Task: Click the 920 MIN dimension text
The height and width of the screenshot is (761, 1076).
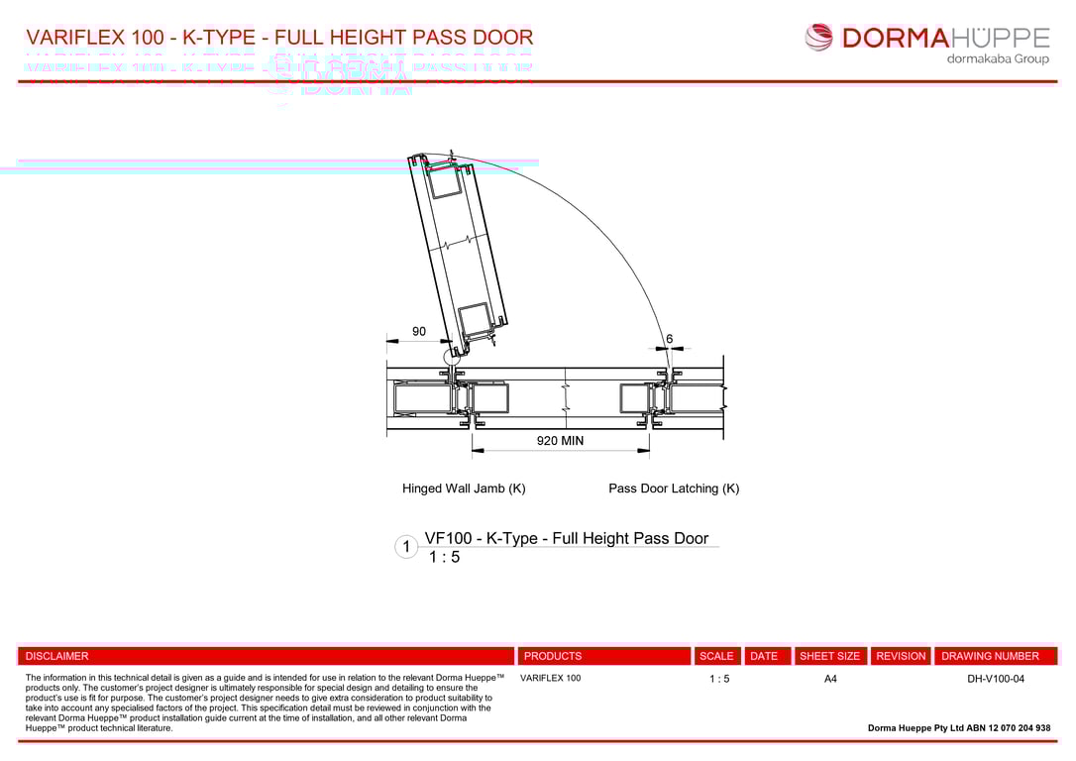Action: click(x=560, y=441)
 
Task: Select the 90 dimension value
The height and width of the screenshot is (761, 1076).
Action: click(x=419, y=331)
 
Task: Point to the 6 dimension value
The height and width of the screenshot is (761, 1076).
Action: click(x=670, y=339)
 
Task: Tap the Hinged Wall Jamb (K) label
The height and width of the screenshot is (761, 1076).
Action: click(x=464, y=489)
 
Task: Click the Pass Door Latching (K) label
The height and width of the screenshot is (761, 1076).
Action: click(x=674, y=489)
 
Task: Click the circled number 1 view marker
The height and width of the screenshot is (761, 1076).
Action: click(x=406, y=547)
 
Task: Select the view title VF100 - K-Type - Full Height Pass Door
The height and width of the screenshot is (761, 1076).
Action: click(x=566, y=538)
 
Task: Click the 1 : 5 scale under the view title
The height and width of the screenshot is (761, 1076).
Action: click(x=444, y=558)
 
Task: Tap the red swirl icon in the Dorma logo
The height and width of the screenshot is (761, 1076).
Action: click(x=819, y=38)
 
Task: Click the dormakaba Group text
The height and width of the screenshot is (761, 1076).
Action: click(x=998, y=59)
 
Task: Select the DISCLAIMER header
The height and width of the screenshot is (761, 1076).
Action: click(x=56, y=656)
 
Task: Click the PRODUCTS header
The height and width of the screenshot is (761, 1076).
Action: click(x=553, y=656)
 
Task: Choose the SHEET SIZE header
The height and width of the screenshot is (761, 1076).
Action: click(x=829, y=656)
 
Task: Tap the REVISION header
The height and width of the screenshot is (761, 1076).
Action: click(x=901, y=656)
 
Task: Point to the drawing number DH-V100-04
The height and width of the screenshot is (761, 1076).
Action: click(x=996, y=679)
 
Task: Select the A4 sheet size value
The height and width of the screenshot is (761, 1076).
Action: click(x=830, y=679)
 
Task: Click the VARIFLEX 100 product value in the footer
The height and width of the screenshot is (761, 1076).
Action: click(x=551, y=679)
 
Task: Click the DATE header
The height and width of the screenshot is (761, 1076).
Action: click(x=764, y=656)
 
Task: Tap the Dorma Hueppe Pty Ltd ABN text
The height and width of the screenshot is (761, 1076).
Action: click(x=958, y=728)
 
